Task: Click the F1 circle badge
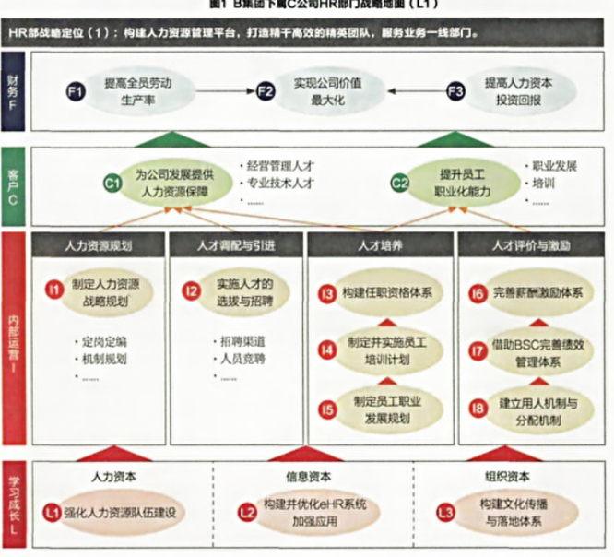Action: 77,90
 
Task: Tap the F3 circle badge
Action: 455,90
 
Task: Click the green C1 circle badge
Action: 112,184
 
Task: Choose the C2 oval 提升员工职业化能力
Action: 457,184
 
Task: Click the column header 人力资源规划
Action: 100,246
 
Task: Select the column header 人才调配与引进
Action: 237,246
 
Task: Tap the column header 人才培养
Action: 380,246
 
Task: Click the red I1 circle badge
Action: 54,291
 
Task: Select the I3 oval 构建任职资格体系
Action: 384,293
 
